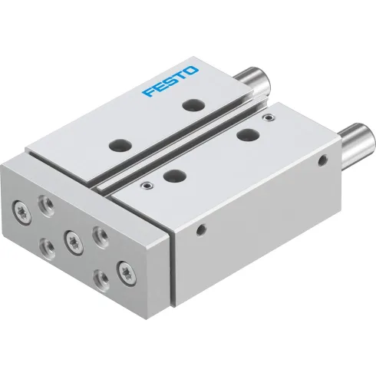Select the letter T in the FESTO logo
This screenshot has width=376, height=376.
[181, 78]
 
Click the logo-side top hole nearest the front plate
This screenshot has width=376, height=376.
[120, 143]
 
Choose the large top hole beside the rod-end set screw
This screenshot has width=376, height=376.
[247, 135]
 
